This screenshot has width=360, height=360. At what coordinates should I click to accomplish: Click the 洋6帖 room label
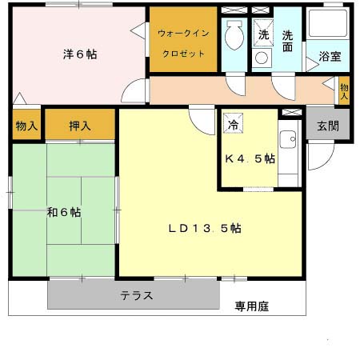81,55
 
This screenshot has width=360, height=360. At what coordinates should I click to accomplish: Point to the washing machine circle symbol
262,58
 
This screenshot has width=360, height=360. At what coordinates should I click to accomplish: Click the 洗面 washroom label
288,42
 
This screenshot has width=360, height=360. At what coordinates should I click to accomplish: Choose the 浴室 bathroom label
330,57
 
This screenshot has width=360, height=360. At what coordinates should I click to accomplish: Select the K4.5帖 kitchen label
250,158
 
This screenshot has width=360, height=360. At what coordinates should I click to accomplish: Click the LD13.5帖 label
205,228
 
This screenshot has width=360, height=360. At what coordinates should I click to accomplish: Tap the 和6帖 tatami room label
63,212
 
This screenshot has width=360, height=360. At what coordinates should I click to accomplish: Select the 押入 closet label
79,126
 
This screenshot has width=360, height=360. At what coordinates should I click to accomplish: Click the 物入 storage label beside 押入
26,126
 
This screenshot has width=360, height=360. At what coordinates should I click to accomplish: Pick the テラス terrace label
136,295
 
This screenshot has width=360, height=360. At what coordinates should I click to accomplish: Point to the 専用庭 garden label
250,305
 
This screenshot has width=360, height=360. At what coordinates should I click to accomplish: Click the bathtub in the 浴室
329,28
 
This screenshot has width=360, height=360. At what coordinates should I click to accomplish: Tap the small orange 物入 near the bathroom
344,90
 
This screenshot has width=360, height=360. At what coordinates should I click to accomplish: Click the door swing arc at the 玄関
318,154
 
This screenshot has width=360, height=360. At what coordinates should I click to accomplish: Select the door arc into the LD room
198,123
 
